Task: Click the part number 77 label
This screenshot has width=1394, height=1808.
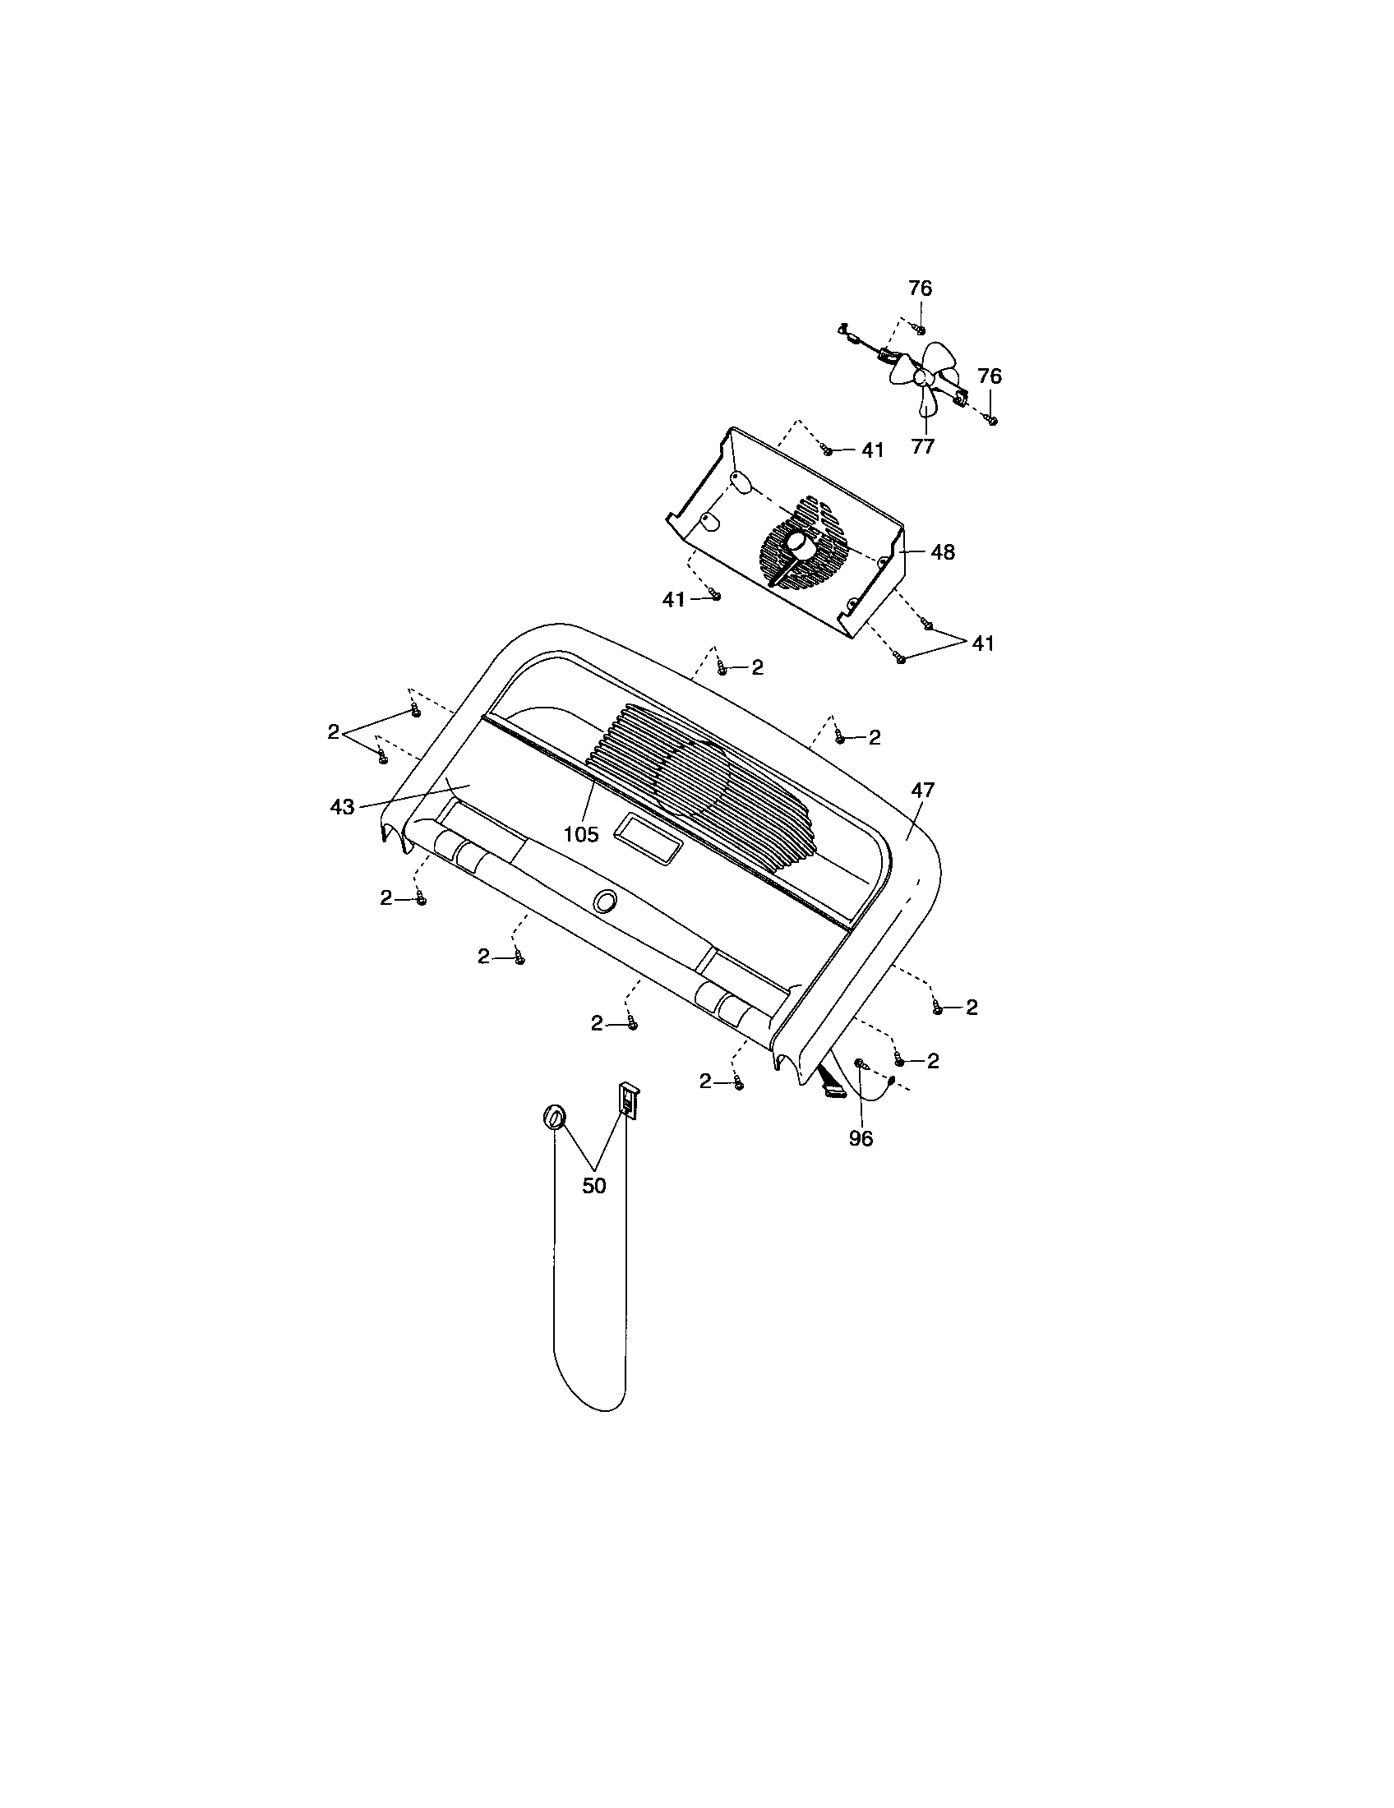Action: click(x=922, y=446)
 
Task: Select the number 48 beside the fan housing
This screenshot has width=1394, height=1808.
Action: click(x=943, y=551)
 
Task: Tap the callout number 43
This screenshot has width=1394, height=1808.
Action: click(x=342, y=806)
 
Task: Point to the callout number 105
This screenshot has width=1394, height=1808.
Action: click(x=580, y=834)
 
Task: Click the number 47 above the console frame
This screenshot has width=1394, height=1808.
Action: click(x=922, y=790)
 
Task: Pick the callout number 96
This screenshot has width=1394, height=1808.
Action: click(x=861, y=1139)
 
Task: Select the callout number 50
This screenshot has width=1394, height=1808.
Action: click(x=594, y=1185)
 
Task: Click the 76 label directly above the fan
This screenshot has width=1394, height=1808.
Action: click(x=920, y=288)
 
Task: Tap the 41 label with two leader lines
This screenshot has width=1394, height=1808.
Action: click(x=982, y=643)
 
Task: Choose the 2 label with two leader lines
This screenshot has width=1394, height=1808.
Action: click(x=333, y=731)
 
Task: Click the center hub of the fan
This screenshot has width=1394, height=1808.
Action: click(x=921, y=377)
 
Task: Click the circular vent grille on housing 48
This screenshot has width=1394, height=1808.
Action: click(x=805, y=542)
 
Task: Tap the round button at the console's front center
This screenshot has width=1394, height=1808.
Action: click(x=605, y=901)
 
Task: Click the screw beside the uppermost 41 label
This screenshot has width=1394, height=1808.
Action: click(x=826, y=450)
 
